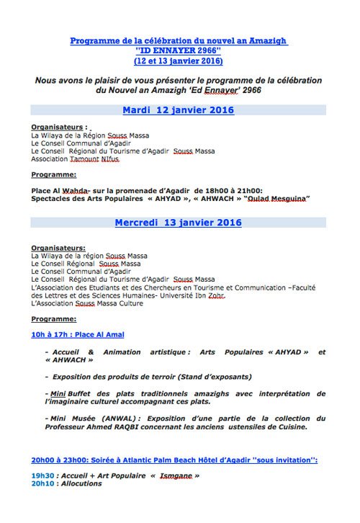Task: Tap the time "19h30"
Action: click(x=42, y=475)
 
